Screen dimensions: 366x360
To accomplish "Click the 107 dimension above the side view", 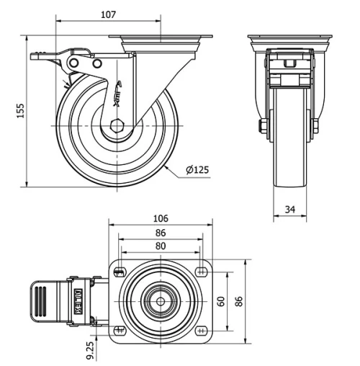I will point(109,14).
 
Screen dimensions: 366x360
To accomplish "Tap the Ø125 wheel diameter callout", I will point(197,171).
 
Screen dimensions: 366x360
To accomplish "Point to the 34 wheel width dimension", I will point(290,209).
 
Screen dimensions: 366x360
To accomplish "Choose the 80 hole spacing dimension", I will point(161,246).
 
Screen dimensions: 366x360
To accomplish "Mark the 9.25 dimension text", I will point(89,351).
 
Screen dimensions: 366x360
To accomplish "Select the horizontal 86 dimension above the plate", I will point(161,233).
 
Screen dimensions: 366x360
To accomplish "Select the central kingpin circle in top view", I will point(161,300).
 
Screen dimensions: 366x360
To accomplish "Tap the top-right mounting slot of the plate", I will point(199,272).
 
